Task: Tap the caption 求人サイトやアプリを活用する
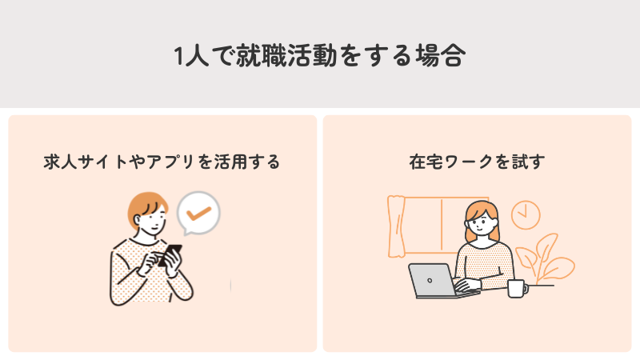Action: click(x=162, y=162)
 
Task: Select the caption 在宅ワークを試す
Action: click(x=477, y=162)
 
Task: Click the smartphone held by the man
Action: click(x=170, y=254)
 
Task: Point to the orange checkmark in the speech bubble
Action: click(x=197, y=213)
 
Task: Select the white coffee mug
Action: click(x=517, y=288)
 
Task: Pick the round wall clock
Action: click(x=525, y=213)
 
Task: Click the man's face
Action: click(x=153, y=220)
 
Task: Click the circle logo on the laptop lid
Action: click(x=430, y=279)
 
